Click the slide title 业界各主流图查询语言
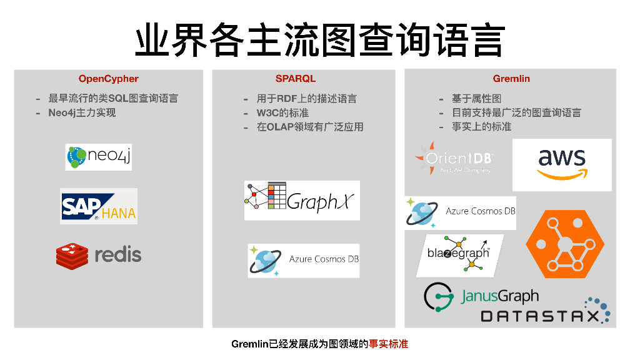coord(319,41)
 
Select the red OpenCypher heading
coord(108,79)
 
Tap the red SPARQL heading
coord(296,79)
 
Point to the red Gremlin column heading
coord(511,79)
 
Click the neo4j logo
coord(99,157)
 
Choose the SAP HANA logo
coord(99,206)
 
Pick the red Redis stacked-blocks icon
coord(72,255)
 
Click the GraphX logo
coord(302,201)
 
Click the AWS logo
coord(562,164)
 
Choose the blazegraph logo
coord(459,254)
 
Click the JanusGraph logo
coord(481,296)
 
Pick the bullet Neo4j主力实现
coord(82,113)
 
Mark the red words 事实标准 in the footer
coord(388,344)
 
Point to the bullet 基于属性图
coord(476,99)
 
